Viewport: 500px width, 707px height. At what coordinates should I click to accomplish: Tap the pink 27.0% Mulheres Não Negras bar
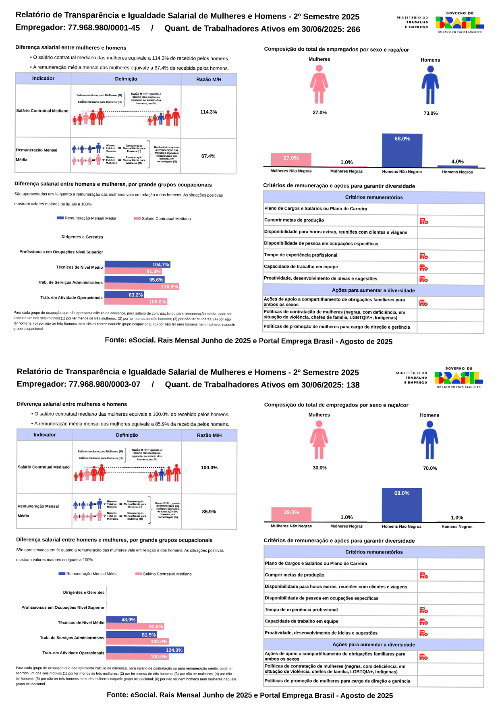[291, 160]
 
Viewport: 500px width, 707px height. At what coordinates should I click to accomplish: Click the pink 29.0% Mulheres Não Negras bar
[291, 514]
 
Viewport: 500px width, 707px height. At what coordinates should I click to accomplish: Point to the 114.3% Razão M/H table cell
[209, 112]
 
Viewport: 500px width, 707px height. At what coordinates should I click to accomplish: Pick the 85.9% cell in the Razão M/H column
[209, 512]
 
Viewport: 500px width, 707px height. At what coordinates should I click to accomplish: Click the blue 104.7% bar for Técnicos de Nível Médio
[137, 265]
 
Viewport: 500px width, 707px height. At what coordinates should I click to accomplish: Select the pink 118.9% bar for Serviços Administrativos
[142, 286]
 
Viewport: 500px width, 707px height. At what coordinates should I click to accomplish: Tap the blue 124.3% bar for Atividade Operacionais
[145, 650]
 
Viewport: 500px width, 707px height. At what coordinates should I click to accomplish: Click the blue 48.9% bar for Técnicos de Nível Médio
[121, 620]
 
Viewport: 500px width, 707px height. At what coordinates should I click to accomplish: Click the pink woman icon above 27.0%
[319, 84]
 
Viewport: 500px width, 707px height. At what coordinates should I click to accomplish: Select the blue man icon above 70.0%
[429, 440]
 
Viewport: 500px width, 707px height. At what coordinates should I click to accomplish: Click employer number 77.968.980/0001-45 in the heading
[104, 28]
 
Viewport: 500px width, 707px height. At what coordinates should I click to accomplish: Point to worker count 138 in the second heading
[353, 385]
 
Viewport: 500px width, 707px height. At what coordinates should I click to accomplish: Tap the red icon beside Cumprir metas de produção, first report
[423, 221]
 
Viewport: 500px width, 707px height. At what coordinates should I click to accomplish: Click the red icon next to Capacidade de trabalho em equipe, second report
[423, 622]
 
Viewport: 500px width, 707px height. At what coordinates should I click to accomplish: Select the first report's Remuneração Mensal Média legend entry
[87, 218]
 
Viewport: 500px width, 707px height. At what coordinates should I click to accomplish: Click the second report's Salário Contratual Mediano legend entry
[164, 574]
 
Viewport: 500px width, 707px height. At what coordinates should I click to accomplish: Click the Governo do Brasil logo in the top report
[459, 22]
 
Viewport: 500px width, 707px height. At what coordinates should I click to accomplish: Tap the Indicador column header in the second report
[44, 435]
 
